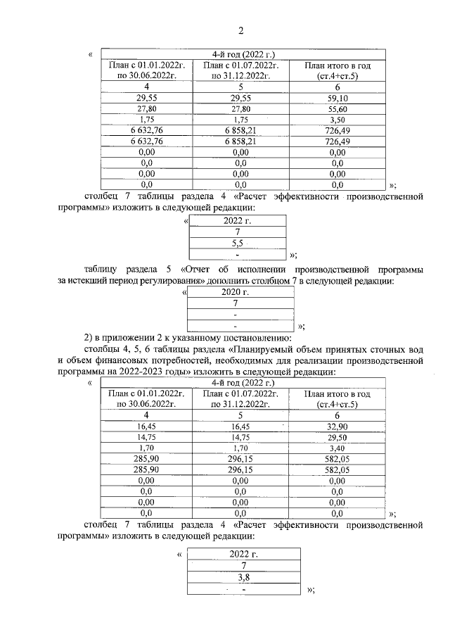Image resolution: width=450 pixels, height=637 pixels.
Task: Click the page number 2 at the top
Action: pyautogui.click(x=240, y=30)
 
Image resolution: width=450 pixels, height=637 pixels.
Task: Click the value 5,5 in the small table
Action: pyautogui.click(x=238, y=242)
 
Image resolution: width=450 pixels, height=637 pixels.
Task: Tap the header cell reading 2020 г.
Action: pyautogui.click(x=236, y=291)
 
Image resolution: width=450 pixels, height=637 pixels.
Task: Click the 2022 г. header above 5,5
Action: pyautogui.click(x=238, y=220)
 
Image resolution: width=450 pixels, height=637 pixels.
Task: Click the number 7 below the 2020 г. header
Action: pyautogui.click(x=236, y=303)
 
